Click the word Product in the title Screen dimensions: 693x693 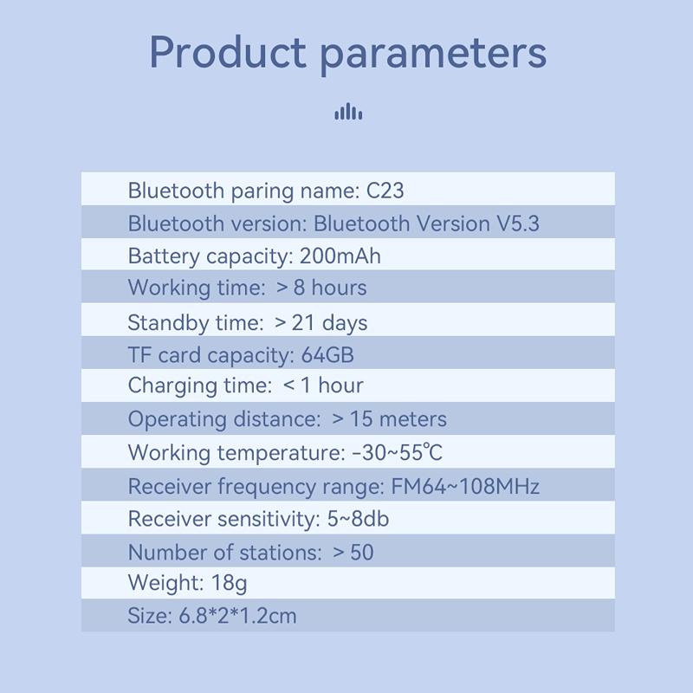(227, 53)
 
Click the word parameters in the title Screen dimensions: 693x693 (433, 55)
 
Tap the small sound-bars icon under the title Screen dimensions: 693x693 (348, 112)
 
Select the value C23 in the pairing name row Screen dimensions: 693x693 (385, 191)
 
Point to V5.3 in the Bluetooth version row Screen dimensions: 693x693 (517, 223)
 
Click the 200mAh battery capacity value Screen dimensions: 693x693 (340, 256)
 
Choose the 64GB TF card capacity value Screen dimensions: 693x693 (327, 355)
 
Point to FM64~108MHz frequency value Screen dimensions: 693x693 (465, 487)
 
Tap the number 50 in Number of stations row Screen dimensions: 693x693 (362, 553)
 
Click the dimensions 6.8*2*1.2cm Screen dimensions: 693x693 (237, 616)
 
